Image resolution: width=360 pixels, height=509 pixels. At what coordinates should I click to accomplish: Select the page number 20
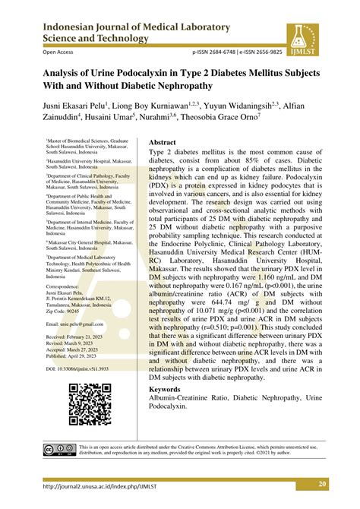coord(322,485)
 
